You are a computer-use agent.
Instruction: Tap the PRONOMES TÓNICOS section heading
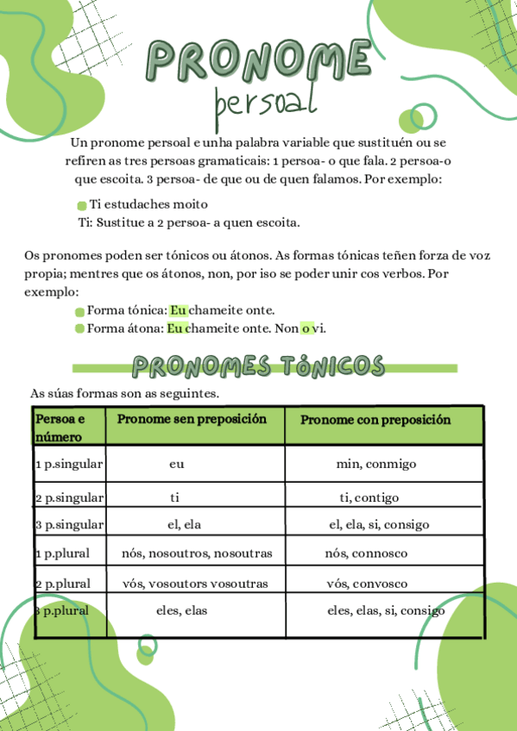pos(258,366)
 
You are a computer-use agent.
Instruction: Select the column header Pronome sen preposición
pos(192,419)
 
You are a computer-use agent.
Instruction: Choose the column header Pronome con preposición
pos(375,420)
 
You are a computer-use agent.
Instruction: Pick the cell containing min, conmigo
pos(376,464)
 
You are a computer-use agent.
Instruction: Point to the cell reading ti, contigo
pos(369,497)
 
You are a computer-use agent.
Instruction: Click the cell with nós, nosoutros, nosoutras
pos(198,553)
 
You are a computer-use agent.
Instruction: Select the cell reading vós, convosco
pos(367,584)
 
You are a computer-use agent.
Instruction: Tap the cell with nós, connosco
pos(366,553)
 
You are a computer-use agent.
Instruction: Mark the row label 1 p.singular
pos(69,464)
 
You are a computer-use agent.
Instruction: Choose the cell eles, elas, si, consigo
pos(386,611)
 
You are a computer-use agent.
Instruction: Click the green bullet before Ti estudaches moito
pos(82,205)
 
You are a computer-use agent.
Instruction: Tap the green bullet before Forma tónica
pos(79,311)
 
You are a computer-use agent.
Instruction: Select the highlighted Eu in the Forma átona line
pos(176,328)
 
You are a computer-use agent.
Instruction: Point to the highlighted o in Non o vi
pos(306,328)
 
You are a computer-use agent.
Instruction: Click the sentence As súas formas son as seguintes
pos(124,393)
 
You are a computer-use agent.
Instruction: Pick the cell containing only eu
pos(177,464)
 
